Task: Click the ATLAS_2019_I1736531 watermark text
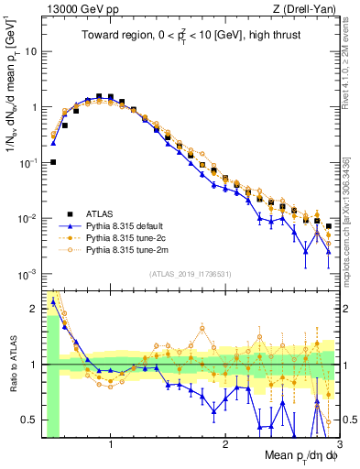(x=190, y=275)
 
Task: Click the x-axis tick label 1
(x=111, y=445)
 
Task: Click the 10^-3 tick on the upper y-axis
(x=29, y=274)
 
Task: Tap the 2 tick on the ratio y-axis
(x=37, y=309)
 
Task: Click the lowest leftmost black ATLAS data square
(x=53, y=162)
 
